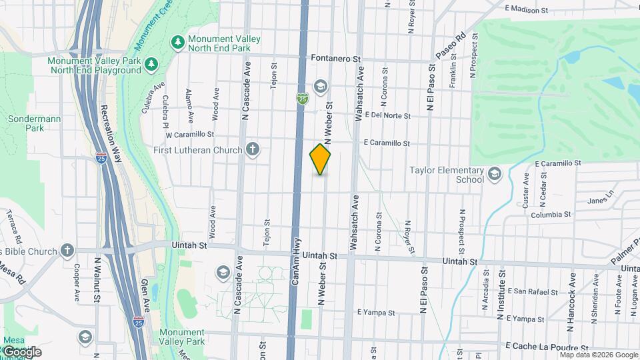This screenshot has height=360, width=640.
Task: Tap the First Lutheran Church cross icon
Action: tap(253, 149)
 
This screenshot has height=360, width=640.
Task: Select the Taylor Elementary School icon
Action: tap(494, 175)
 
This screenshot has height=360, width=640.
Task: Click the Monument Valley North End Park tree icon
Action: tap(177, 43)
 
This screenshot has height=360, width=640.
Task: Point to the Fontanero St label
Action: tap(336, 59)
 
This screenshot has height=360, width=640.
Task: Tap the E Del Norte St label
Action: tap(388, 116)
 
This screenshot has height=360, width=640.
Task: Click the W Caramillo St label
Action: tap(189, 134)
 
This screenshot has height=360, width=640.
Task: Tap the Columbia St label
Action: tap(551, 215)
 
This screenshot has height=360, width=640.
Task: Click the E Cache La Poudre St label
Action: tap(547, 347)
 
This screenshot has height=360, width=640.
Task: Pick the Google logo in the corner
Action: tap(21, 352)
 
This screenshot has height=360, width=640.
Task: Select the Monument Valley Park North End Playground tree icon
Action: tap(152, 63)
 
